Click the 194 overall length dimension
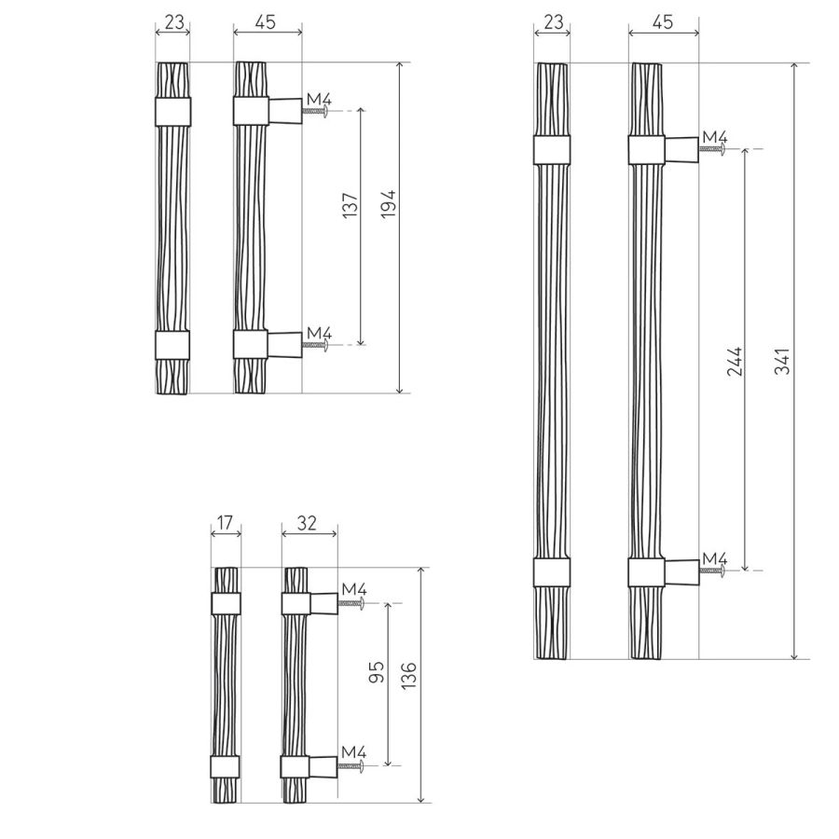(389, 203)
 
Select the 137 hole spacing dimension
(350, 205)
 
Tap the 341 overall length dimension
(782, 361)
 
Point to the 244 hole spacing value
(736, 361)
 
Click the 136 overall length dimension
(408, 675)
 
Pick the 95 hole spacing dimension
(377, 672)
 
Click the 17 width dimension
(226, 522)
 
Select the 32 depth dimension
(307, 523)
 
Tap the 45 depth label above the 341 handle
(663, 22)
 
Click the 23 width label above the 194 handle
(174, 22)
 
